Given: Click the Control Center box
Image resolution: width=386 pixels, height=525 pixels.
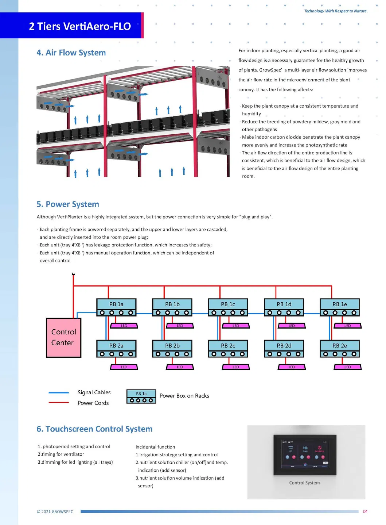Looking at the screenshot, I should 63,337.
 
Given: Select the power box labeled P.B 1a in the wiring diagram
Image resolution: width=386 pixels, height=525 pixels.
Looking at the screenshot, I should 116,307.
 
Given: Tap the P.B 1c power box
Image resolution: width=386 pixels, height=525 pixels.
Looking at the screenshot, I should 228,307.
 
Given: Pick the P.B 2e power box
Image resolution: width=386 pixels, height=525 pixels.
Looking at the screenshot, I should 339,348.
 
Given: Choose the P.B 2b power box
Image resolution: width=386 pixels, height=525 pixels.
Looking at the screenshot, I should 172,348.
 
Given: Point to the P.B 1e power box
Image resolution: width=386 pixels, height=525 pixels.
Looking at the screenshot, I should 339,307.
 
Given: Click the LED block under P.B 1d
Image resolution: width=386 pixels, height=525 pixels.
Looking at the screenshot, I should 292,326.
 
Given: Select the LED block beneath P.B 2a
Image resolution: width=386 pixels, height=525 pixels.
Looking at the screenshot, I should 124,367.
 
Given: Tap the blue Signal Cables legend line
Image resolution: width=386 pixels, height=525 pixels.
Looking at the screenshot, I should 59,392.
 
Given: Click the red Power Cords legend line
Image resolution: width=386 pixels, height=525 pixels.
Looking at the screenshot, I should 59,403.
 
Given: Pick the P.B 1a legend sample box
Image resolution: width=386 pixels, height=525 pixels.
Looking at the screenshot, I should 141,396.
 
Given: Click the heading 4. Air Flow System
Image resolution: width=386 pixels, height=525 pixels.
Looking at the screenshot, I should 71,53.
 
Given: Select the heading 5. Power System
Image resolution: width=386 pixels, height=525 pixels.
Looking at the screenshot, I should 68,204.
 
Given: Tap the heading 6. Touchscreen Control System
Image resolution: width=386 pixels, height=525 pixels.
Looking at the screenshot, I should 94,429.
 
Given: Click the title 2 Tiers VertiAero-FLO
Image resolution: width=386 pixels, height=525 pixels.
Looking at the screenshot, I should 80,26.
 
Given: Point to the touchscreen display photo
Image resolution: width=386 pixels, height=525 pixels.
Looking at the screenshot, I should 305,455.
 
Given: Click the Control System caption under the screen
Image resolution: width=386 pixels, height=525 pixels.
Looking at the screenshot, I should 304,483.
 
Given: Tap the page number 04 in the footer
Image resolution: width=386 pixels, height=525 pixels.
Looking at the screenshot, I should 365,511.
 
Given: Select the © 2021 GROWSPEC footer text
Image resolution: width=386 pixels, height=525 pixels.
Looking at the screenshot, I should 55,512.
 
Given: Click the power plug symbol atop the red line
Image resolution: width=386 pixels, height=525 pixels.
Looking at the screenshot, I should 73,275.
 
